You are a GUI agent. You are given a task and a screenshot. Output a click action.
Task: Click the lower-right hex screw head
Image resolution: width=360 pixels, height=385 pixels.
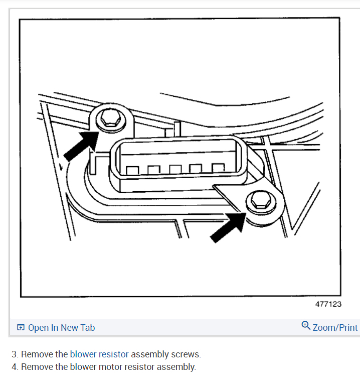pos(259,202)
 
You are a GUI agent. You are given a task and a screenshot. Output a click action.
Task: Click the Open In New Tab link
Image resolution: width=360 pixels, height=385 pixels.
pos(61,328)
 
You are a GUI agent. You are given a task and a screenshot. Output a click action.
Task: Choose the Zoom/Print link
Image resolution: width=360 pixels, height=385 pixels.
pos(335,328)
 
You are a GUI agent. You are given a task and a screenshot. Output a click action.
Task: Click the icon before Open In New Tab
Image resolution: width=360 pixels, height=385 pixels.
pos(21,328)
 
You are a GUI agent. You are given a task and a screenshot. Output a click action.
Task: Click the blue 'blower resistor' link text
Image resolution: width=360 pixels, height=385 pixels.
pos(99,354)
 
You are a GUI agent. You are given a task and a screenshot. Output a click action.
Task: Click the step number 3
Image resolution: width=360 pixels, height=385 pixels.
pos(14,354)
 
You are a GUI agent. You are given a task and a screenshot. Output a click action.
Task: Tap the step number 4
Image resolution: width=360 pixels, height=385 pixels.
pos(14,367)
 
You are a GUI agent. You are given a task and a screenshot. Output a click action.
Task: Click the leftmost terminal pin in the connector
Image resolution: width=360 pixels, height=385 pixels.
pos(132,171)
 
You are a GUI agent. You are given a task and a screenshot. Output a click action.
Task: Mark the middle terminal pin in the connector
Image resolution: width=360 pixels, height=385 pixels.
pos(175,170)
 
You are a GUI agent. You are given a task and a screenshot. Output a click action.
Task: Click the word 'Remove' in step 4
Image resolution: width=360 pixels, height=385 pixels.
pos(37,367)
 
